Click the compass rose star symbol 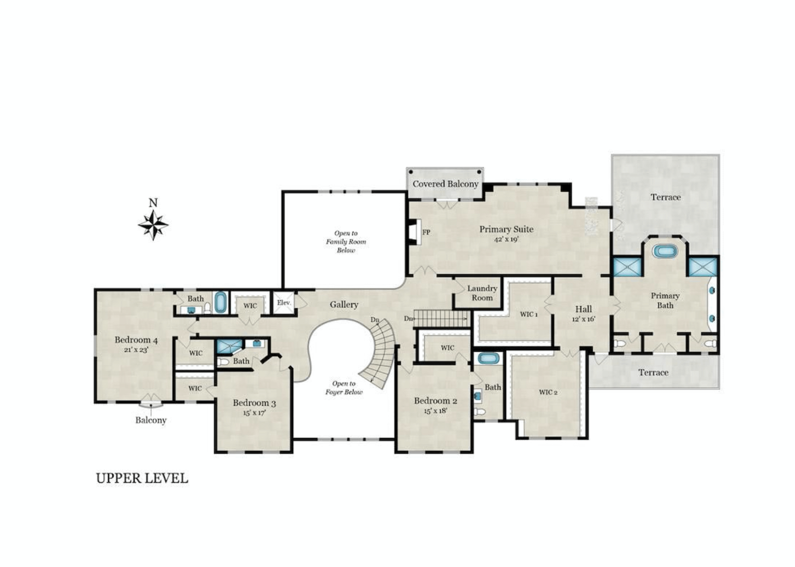tap(153, 225)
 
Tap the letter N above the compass tap(153, 203)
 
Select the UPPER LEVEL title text tap(142, 478)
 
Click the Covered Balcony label tap(445, 184)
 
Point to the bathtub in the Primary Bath tap(665, 251)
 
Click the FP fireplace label tap(426, 232)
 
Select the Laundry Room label tap(482, 293)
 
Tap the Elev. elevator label tap(284, 303)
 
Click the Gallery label tap(344, 305)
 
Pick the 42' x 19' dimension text tap(507, 239)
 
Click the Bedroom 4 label tap(136, 340)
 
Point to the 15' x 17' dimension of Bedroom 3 tap(254, 413)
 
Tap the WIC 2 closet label tap(548, 392)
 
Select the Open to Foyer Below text tap(344, 387)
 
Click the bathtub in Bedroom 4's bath tap(221, 302)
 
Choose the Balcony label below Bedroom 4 tap(151, 420)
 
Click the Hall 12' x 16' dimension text tap(584, 319)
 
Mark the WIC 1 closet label tap(529, 314)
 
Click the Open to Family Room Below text tap(346, 241)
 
